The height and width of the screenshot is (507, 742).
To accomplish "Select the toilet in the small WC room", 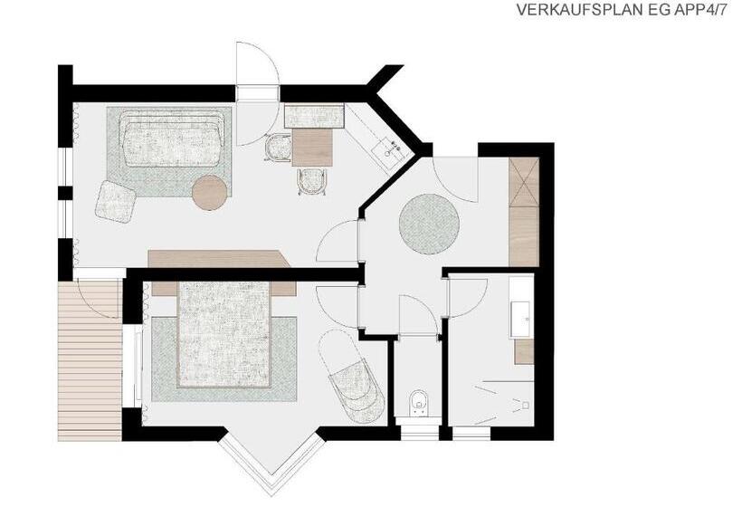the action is (x=419, y=401).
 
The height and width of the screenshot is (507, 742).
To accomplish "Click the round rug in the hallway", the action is (x=429, y=224).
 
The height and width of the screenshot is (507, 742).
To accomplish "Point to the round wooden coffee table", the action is (x=211, y=192).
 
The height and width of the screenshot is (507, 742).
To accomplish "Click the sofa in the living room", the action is (x=172, y=139).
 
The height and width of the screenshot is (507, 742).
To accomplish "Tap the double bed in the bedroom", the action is (x=224, y=334).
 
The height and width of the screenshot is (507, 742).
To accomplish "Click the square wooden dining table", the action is (x=312, y=148).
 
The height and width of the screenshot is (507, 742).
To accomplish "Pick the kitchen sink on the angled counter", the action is (x=389, y=149).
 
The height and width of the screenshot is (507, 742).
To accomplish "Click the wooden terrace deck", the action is (x=89, y=359).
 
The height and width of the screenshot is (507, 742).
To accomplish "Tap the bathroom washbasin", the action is (x=522, y=319).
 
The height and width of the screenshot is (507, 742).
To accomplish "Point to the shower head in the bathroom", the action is (x=524, y=406).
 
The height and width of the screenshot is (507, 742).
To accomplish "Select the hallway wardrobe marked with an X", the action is (x=524, y=182).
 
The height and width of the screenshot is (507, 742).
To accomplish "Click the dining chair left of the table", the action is (x=279, y=148).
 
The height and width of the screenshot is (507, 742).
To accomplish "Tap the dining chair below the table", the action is (x=312, y=182).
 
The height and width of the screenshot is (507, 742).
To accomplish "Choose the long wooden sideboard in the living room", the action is (x=219, y=259).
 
